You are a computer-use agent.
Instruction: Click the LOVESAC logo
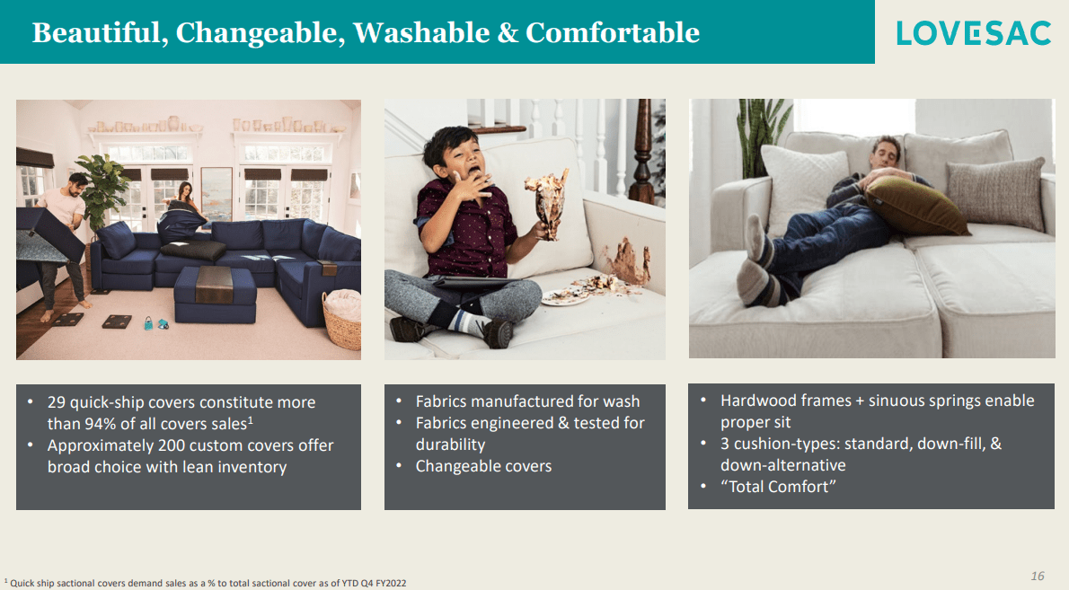pos(974,32)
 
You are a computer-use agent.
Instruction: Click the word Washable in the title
pos(420,33)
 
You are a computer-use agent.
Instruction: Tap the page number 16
pos(1038,576)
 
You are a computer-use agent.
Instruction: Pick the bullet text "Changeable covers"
pos(483,466)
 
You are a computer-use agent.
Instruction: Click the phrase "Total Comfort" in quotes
pos(778,487)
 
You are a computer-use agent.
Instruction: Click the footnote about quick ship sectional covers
pos(207,583)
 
